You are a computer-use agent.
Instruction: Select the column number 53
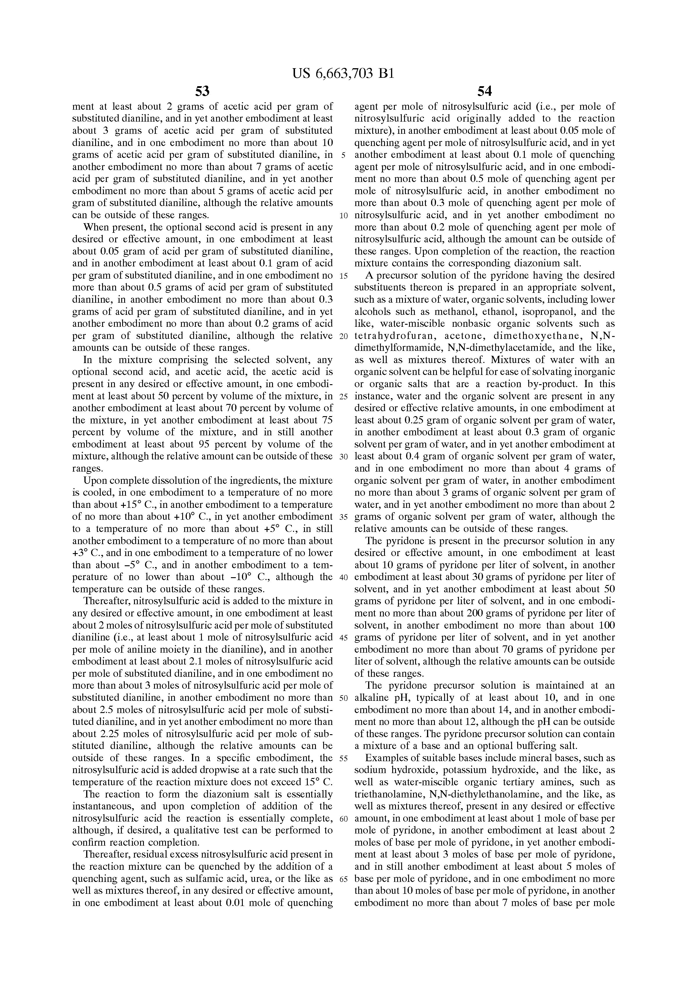click(x=202, y=91)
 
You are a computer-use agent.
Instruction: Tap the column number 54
click(x=484, y=91)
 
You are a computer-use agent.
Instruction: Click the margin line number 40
click(x=344, y=577)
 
